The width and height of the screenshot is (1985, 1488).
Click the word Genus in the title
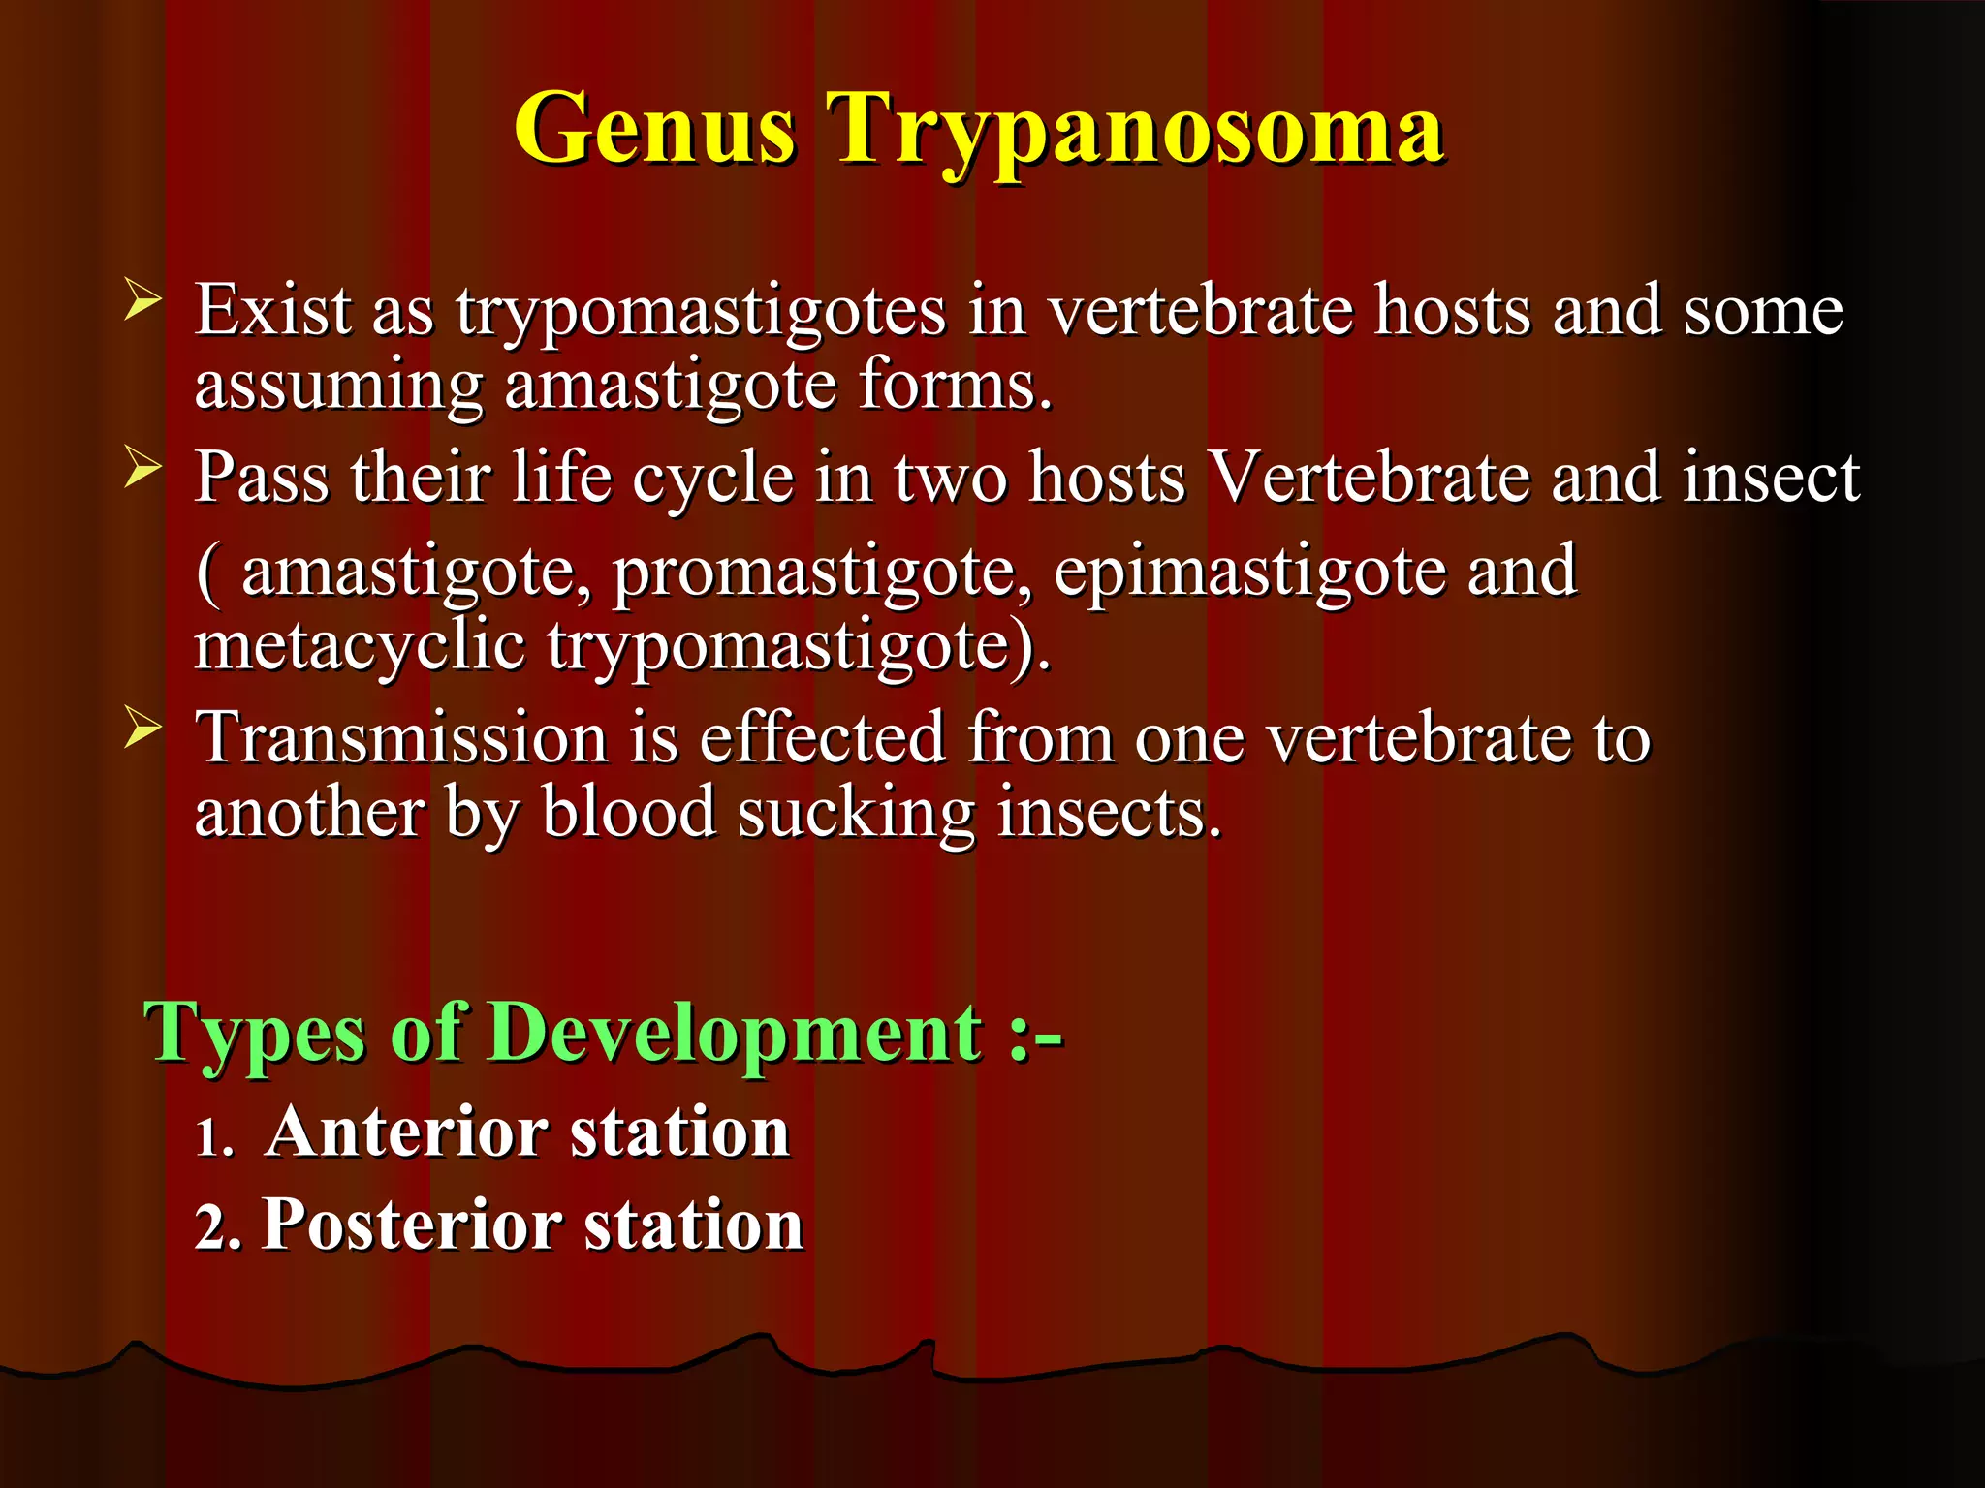click(655, 129)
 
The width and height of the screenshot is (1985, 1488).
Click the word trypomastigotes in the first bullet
click(700, 312)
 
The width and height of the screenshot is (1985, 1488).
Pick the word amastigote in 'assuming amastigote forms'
click(671, 386)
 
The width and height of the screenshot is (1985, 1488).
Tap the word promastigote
click(822, 572)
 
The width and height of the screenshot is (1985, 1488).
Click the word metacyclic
click(360, 646)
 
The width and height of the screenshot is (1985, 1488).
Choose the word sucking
click(856, 814)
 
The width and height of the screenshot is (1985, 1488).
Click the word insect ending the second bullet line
click(1771, 477)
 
